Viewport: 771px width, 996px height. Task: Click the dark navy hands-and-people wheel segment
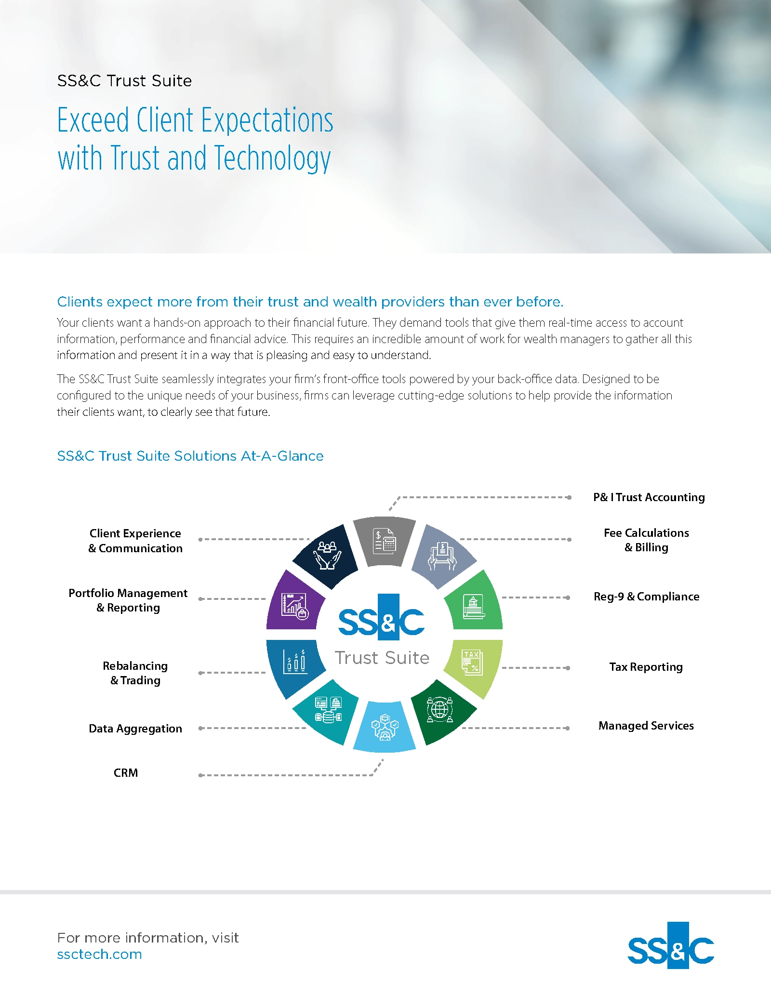327,556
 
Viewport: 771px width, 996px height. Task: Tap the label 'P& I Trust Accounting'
649,497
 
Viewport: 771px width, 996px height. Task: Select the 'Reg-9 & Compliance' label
646,597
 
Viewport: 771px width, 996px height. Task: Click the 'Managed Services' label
646,726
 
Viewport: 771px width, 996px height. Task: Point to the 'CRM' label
126,773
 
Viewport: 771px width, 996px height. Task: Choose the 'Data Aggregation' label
135,729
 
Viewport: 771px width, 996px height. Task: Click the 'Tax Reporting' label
646,667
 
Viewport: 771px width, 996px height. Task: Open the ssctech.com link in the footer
100,955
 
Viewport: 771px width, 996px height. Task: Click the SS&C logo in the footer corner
671,945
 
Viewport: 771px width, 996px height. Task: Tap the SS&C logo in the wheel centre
382,617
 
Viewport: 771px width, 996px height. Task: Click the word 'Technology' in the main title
272,159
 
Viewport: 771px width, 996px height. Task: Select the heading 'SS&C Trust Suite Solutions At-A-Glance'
190,456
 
